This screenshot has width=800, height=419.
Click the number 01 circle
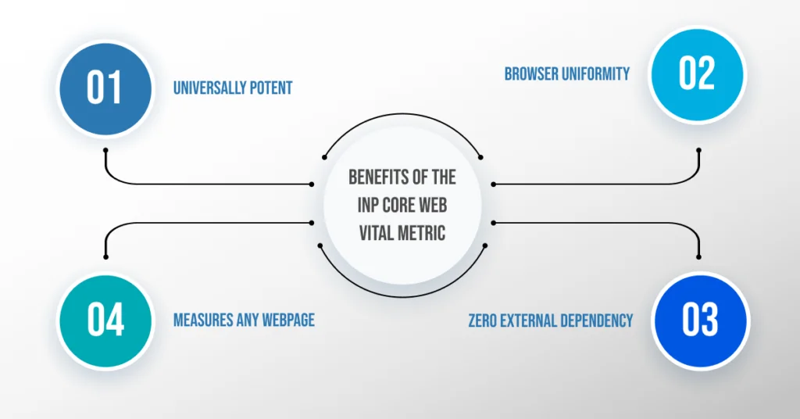[x=106, y=87]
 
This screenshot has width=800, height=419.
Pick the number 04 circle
[x=106, y=320]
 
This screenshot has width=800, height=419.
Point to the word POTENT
[x=270, y=88]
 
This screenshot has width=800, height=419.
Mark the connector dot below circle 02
[x=698, y=149]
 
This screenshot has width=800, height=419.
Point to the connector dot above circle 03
[x=698, y=256]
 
